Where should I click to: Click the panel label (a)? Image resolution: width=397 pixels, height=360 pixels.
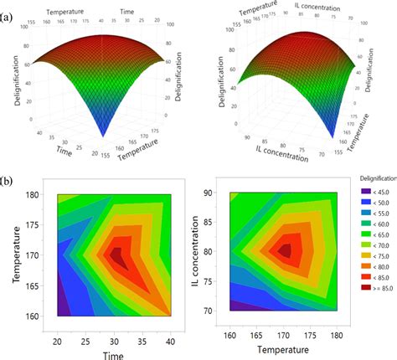tap(9, 9)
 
